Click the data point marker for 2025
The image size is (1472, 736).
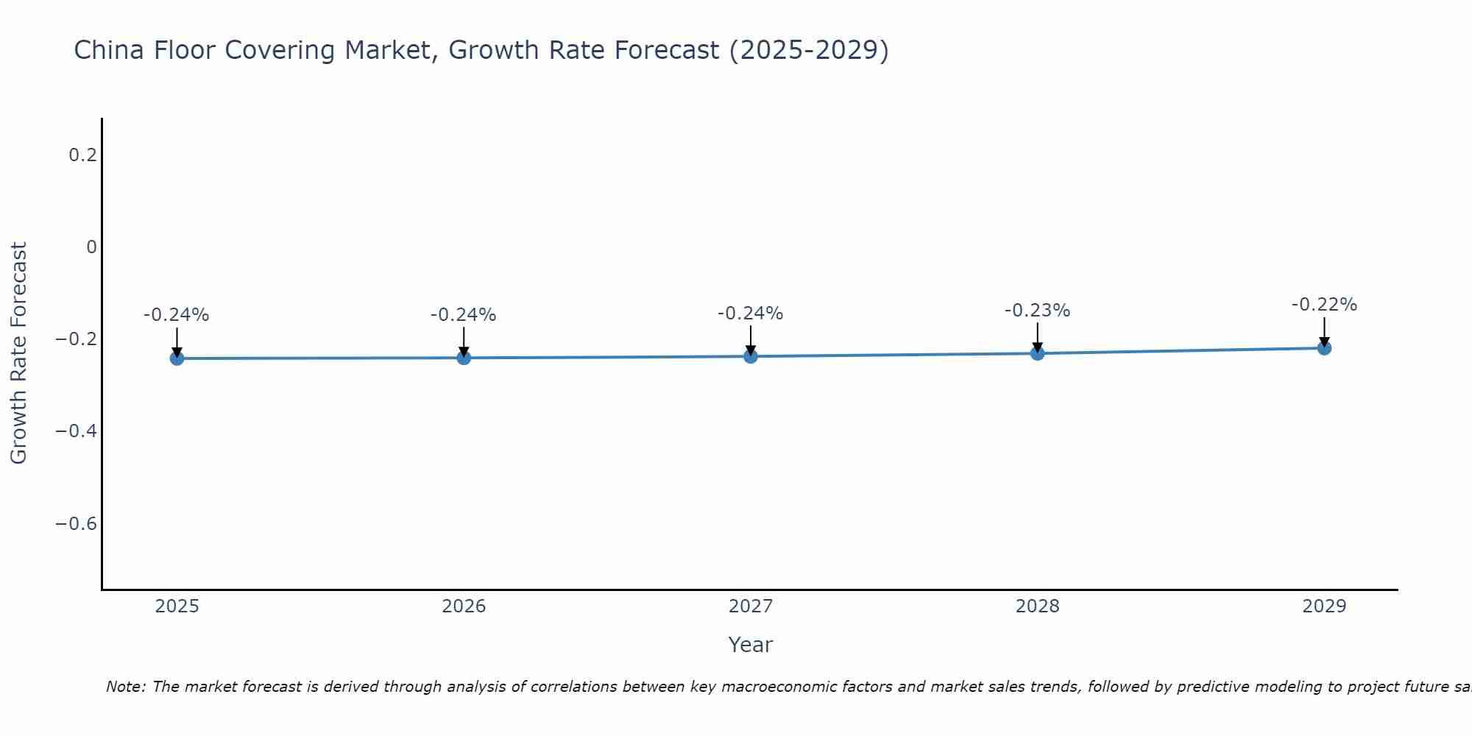coord(177,358)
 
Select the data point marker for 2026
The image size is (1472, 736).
coord(464,358)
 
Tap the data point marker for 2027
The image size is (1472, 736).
coord(751,356)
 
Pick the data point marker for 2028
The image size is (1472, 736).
coord(1037,353)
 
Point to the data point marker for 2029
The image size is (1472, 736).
coord(1324,348)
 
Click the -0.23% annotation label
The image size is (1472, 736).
coord(1037,311)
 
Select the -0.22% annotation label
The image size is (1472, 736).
coord(1324,305)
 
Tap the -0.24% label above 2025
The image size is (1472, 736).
coord(177,315)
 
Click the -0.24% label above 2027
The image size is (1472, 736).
coord(751,314)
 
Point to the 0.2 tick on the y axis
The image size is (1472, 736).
coord(82,155)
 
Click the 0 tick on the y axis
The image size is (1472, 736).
coord(91,247)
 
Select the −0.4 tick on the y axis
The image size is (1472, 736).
coord(77,431)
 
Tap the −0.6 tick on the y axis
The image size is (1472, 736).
coord(77,523)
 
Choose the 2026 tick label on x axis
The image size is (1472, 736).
coord(464,606)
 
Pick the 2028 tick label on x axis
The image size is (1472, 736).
coord(1037,606)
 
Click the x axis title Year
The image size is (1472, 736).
coord(750,645)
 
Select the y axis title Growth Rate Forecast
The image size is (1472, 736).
coord(19,353)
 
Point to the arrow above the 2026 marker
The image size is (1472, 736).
coord(464,341)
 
